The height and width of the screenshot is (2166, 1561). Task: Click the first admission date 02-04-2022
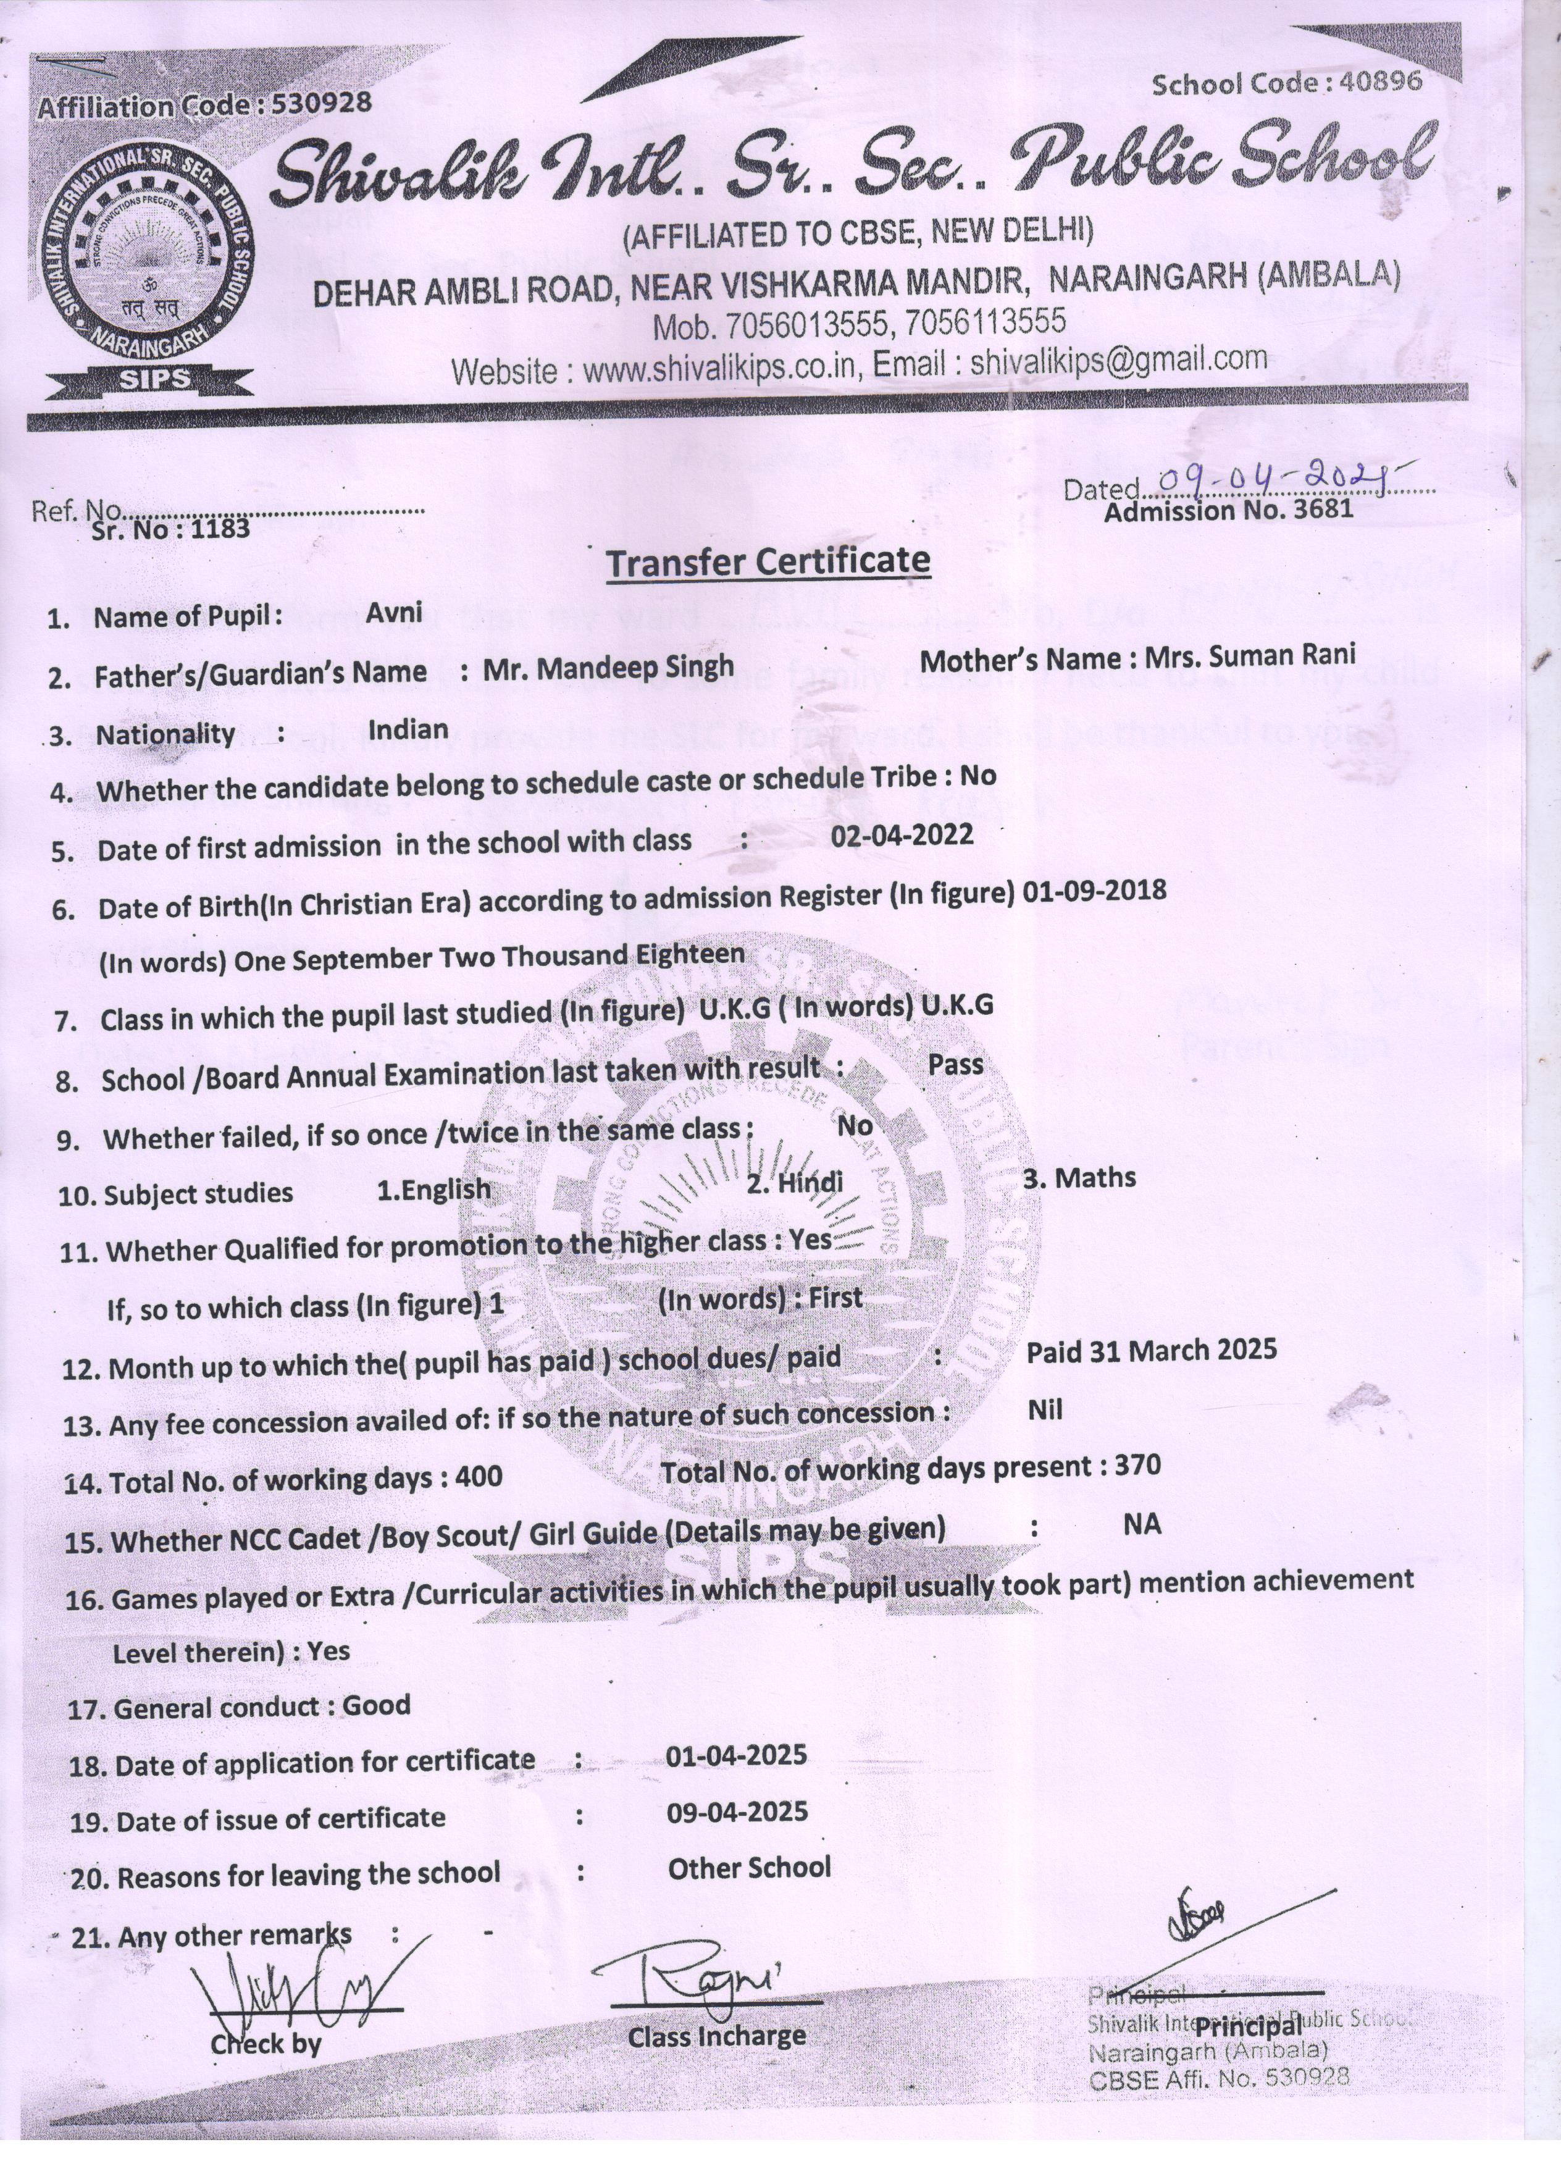tap(902, 836)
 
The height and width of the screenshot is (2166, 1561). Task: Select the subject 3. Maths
tap(1079, 1178)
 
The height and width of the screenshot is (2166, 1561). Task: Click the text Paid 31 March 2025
tap(1150, 1350)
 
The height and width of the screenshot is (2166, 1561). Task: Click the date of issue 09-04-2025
tap(737, 1811)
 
